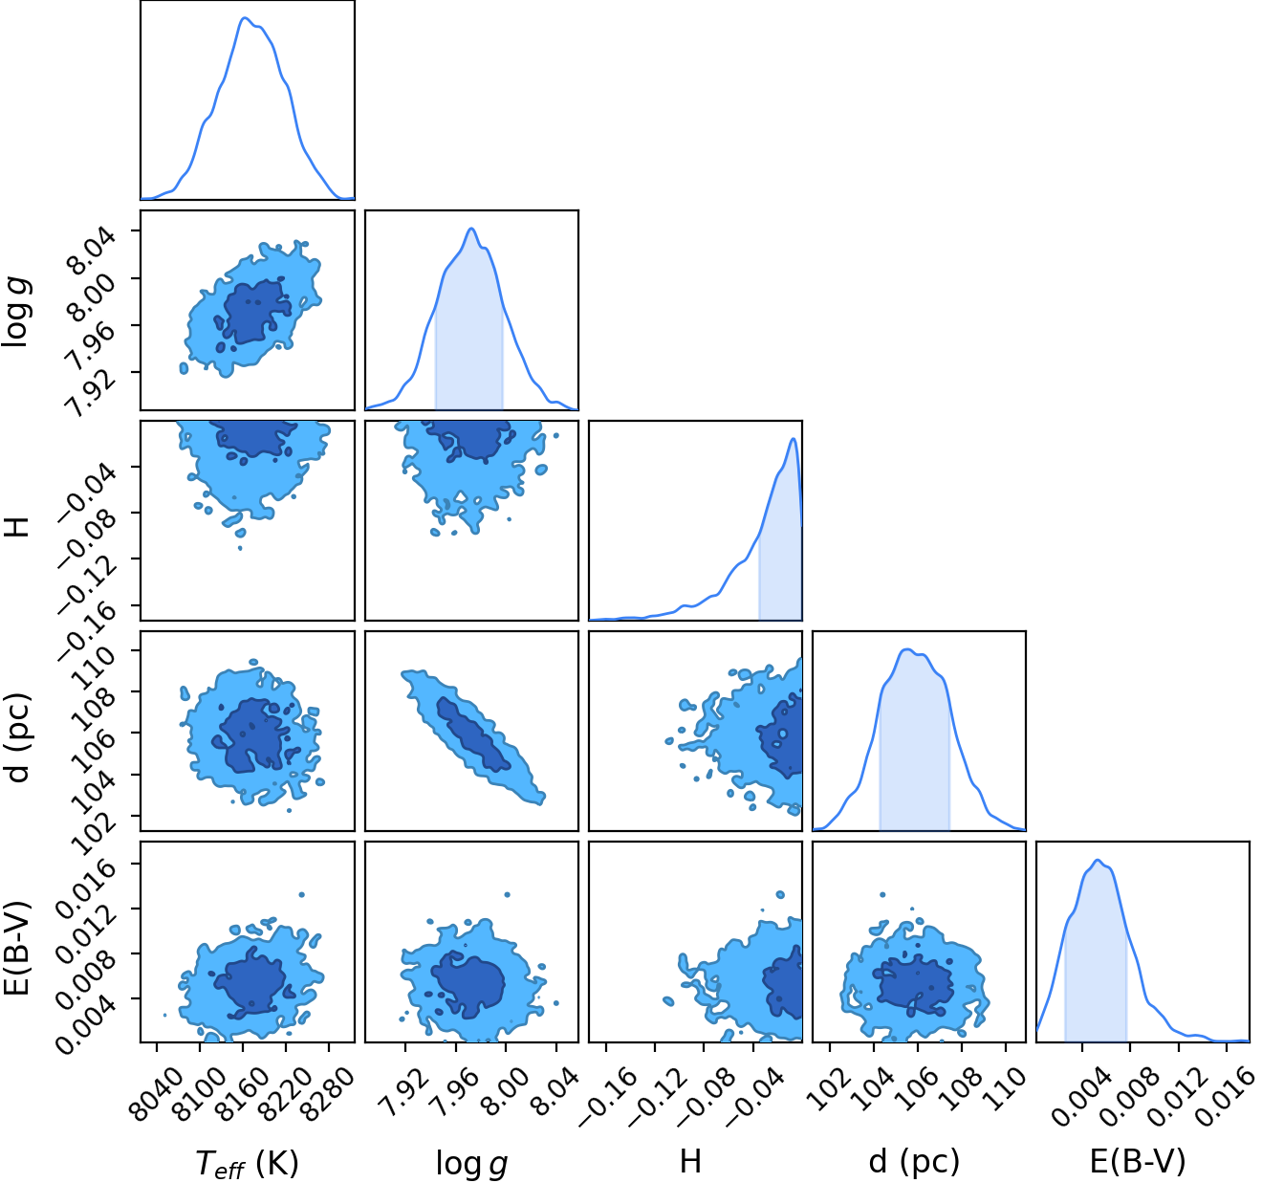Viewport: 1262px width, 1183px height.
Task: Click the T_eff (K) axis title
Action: coord(247,1163)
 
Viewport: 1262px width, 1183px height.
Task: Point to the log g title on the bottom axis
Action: coord(471,1163)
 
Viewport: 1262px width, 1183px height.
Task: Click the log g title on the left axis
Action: coord(16,311)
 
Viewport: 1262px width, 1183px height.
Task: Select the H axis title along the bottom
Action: coord(690,1161)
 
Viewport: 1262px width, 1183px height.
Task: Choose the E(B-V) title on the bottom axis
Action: coord(1138,1162)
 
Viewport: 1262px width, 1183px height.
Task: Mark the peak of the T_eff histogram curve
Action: coord(245,18)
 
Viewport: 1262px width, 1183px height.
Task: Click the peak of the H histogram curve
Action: coord(793,438)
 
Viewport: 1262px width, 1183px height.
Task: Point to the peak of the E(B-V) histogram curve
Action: coord(1097,860)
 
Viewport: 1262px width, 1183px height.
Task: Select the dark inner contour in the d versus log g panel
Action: coord(473,735)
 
